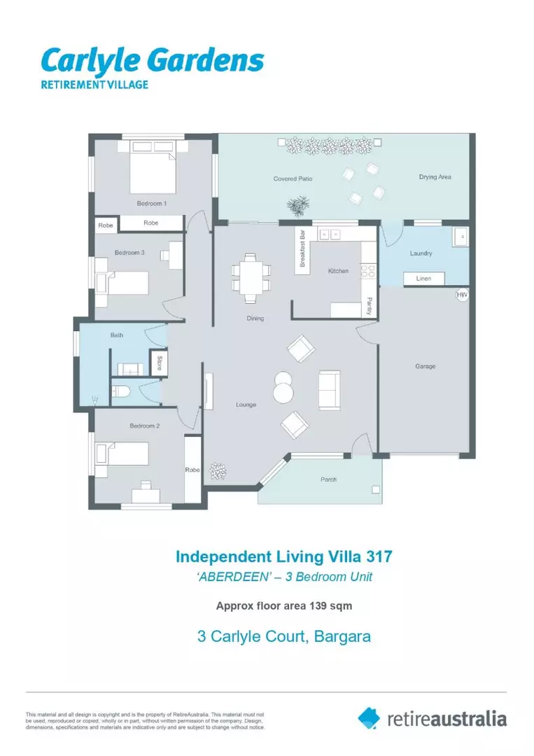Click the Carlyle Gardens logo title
click(153, 62)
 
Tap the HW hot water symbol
click(462, 295)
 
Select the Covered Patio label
click(293, 179)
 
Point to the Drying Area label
click(435, 177)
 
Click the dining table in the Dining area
click(251, 279)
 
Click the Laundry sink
click(461, 237)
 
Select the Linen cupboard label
click(423, 279)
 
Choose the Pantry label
click(369, 307)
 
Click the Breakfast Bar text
click(302, 248)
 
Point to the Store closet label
click(159, 363)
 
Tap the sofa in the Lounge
click(329, 390)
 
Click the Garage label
click(425, 366)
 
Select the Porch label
click(329, 479)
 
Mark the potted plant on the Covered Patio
click(298, 206)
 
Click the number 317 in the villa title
click(379, 557)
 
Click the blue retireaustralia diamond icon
click(369, 718)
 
